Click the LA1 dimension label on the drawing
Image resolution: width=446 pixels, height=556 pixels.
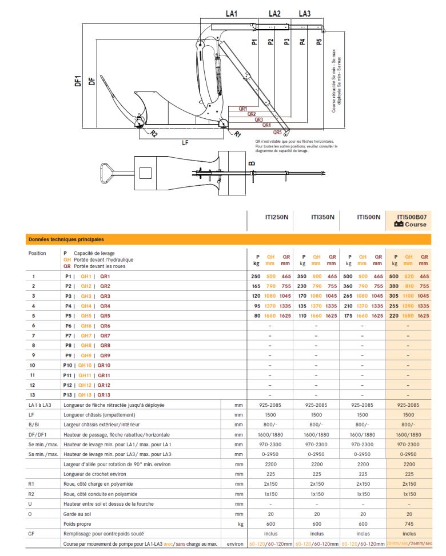pyautogui.click(x=231, y=13)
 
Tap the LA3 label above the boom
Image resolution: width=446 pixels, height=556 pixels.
pyautogui.click(x=304, y=13)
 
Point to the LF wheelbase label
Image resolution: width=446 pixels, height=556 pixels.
pyautogui.click(x=185, y=143)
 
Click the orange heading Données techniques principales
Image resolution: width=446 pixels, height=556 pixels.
pyautogui.click(x=66, y=239)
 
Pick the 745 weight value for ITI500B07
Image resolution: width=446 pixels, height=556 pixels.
pyautogui.click(x=408, y=523)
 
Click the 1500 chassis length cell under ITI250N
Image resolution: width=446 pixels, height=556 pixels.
pyautogui.click(x=270, y=415)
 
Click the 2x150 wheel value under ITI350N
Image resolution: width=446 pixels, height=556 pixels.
pyautogui.click(x=316, y=483)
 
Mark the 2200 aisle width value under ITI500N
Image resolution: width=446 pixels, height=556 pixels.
pyautogui.click(x=362, y=464)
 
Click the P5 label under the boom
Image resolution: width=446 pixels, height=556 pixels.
pyautogui.click(x=319, y=41)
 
